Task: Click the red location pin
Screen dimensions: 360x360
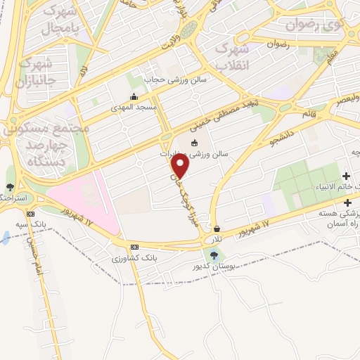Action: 181,166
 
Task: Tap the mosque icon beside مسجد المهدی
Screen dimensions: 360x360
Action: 133,97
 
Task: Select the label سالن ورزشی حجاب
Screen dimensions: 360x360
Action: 176,79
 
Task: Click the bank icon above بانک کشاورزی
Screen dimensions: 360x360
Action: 134,247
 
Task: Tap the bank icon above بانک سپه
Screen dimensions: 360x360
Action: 30,214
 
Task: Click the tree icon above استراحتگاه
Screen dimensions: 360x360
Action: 10,187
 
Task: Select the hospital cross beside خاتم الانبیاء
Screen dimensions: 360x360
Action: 346,175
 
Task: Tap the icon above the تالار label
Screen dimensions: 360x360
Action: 217,229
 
